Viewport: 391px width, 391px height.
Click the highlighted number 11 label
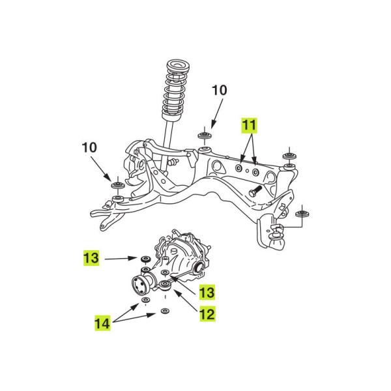coord(249,124)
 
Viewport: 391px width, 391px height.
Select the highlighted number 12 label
coord(205,314)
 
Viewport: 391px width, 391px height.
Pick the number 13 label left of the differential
coord(91,258)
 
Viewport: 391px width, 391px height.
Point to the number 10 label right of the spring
coord(220,90)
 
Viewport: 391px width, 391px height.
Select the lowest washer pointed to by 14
coord(164,312)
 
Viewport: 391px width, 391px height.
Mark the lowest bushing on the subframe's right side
coord(301,213)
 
